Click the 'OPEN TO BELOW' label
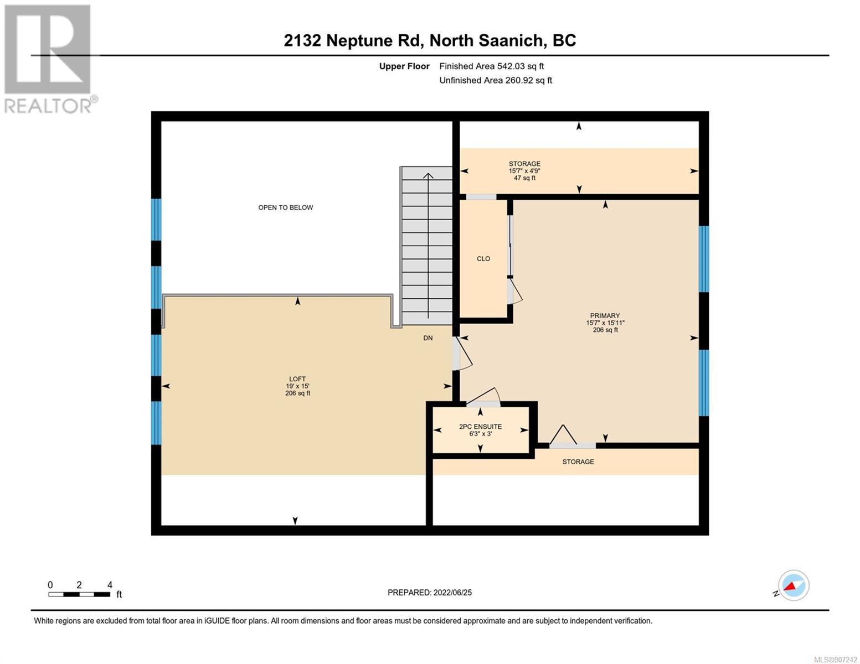pos(285,207)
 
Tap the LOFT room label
pos(297,379)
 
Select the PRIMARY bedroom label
pos(605,315)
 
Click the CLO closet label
pos(483,258)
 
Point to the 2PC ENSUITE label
pos(481,427)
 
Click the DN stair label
pos(428,338)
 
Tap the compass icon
pos(794,585)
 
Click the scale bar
pos(79,594)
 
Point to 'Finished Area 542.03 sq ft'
pos(492,66)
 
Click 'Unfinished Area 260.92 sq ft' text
pos(496,80)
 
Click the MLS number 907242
pos(835,660)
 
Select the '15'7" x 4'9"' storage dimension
pos(524,171)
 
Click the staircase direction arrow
pos(428,245)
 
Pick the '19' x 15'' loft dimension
pos(297,386)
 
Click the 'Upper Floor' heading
pos(404,66)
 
